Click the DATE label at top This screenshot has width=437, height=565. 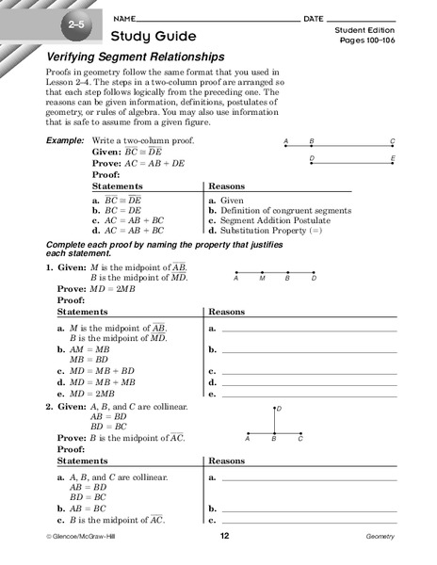[x=314, y=19]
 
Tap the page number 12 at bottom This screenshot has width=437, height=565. [x=225, y=536]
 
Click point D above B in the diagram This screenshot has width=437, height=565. [x=275, y=408]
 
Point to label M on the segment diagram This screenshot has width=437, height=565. [x=261, y=279]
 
